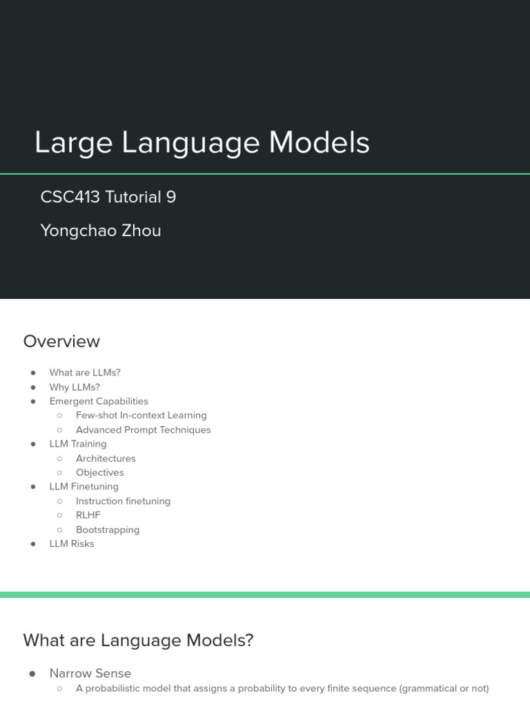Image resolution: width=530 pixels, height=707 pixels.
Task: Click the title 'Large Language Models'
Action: pos(202,143)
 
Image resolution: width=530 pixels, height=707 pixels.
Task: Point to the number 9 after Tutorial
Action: pos(171,197)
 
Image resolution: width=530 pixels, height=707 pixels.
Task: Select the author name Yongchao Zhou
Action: pos(101,231)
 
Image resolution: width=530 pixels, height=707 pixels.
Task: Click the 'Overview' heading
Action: pos(61,341)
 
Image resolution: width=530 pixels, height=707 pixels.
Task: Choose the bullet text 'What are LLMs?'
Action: pos(85,373)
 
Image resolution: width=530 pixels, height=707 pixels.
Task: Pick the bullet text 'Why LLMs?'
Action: pos(75,387)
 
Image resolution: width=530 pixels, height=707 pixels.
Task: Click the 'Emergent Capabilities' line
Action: pos(99,401)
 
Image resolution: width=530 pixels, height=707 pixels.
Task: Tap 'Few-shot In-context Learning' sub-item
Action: pos(141,416)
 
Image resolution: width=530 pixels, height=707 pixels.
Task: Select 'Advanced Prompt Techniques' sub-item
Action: pos(143,430)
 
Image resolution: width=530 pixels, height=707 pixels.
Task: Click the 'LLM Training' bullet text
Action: pos(78,444)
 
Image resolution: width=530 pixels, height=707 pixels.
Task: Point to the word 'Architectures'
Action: pos(106,458)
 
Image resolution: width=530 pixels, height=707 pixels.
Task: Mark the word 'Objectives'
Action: pos(100,473)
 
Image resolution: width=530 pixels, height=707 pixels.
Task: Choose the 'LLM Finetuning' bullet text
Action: pos(84,487)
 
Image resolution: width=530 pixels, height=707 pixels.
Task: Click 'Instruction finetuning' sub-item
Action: pos(123,501)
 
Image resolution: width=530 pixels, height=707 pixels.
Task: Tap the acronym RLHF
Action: pos(88,516)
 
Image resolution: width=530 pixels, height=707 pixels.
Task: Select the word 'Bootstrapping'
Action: pos(108,530)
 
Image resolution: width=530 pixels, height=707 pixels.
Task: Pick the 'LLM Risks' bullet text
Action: pos(72,544)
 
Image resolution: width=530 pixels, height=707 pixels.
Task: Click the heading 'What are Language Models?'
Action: pos(138,640)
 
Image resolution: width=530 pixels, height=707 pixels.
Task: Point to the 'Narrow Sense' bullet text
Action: pos(90,673)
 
